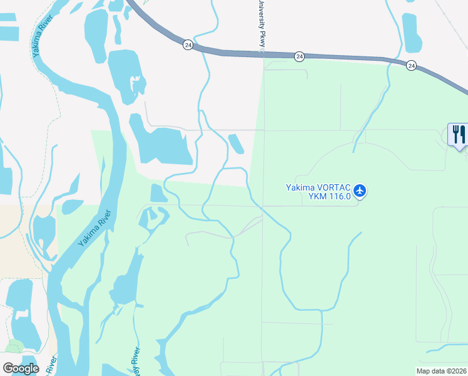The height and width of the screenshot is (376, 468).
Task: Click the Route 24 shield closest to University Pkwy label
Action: [x=300, y=56]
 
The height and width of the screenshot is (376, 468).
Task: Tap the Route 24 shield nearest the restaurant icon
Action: [x=411, y=65]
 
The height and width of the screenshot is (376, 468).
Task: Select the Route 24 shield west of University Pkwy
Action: [x=188, y=44]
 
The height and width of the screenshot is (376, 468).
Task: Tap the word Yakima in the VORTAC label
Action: [x=299, y=187]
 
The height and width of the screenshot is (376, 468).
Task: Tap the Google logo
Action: [x=21, y=368]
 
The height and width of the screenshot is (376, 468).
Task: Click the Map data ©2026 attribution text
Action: [x=441, y=371]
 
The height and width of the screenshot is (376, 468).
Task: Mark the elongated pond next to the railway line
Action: [x=412, y=32]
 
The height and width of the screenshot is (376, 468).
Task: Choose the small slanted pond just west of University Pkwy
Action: [x=237, y=144]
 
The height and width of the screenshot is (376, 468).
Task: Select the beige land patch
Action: [x=25, y=238]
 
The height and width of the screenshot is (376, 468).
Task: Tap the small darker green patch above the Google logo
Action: [x=14, y=347]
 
